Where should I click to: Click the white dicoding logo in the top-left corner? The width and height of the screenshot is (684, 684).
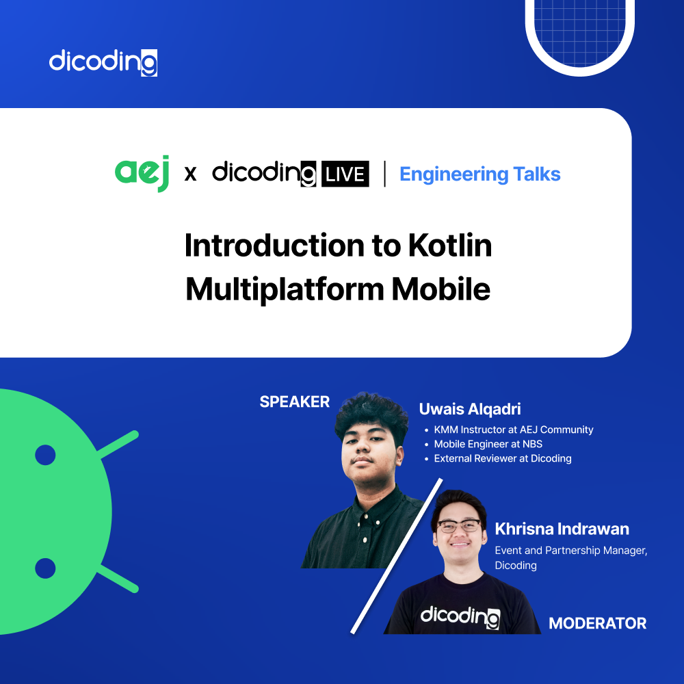(103, 62)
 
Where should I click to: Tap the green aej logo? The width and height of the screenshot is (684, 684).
(142, 173)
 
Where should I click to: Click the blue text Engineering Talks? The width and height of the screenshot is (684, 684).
(479, 174)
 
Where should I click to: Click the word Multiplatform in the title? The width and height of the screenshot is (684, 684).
(285, 289)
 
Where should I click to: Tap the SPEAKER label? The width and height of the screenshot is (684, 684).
(294, 402)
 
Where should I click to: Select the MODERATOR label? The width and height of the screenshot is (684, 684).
(597, 623)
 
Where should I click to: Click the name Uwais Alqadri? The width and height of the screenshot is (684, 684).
(470, 409)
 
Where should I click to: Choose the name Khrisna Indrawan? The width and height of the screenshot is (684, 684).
(562, 529)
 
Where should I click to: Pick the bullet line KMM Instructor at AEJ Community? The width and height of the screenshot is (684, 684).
(513, 430)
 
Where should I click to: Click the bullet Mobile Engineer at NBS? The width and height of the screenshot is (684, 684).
(488, 445)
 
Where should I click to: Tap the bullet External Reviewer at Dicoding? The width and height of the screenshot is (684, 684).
(502, 459)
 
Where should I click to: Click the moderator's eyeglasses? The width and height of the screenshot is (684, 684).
(459, 526)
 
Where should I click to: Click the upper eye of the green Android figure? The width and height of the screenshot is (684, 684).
(45, 455)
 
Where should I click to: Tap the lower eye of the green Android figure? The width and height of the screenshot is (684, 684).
(45, 568)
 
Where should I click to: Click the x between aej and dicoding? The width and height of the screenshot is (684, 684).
(191, 174)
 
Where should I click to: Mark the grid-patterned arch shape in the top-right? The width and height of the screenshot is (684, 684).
(579, 31)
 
